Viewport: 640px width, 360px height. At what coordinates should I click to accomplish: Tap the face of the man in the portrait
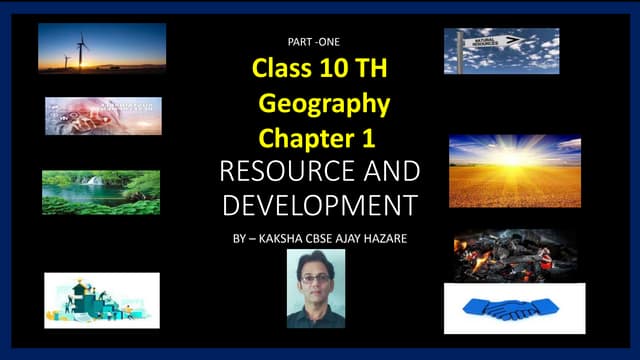coord(316,275)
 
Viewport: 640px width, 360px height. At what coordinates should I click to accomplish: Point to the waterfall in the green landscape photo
coord(94,182)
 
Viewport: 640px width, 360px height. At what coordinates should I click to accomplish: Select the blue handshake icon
coord(514,308)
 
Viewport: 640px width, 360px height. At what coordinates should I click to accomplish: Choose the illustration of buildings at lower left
coord(102,299)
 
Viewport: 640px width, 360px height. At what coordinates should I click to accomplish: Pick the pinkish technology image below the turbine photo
coord(103,116)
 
